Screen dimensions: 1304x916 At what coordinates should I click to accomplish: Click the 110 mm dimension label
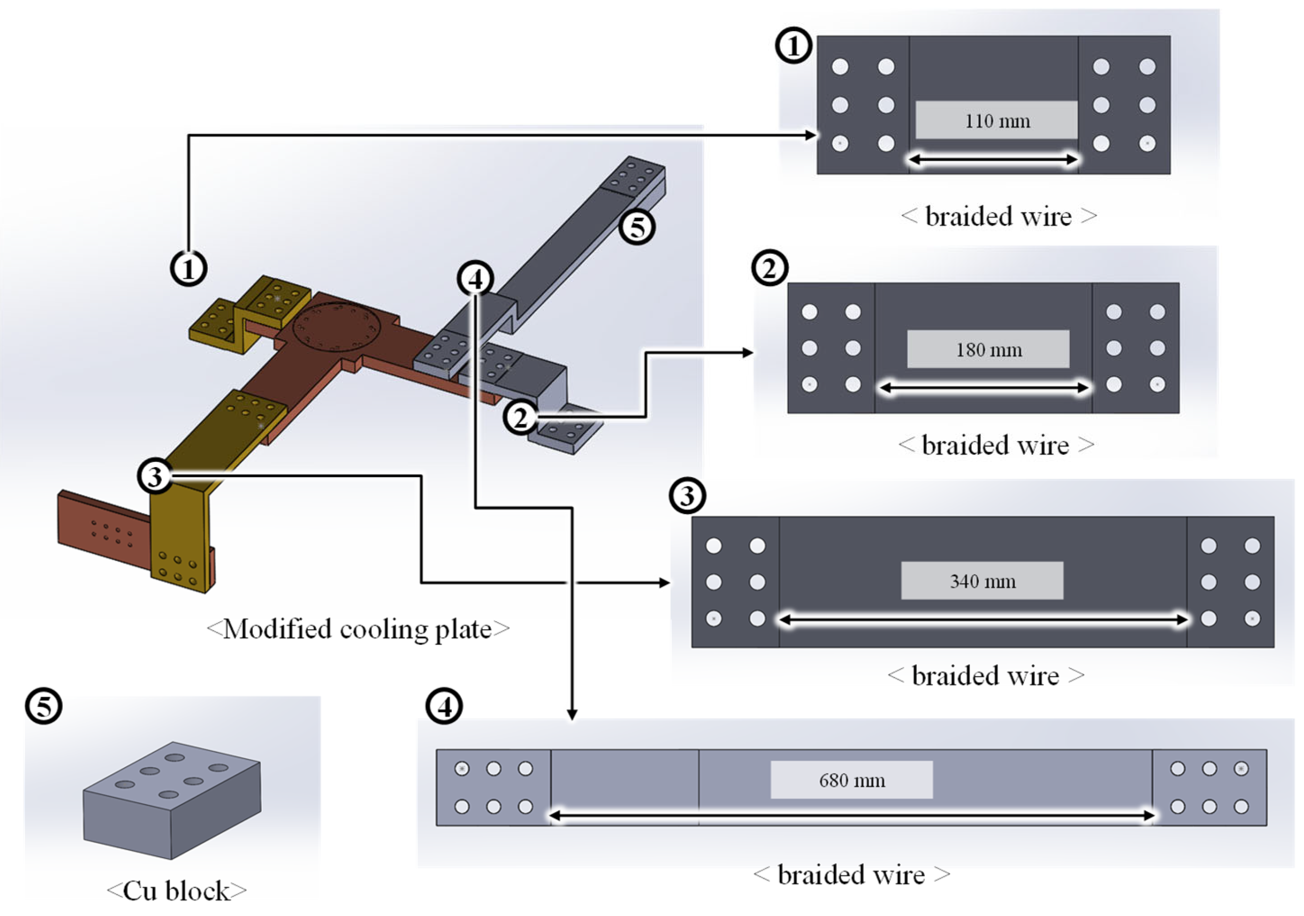[997, 121]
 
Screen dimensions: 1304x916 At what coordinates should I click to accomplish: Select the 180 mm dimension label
[989, 350]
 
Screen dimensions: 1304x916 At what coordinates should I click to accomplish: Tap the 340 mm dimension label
[982, 581]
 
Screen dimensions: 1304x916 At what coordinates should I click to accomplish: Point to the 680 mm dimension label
[852, 780]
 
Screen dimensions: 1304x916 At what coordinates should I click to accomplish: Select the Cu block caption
[177, 891]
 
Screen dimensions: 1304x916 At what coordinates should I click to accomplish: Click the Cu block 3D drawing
[172, 800]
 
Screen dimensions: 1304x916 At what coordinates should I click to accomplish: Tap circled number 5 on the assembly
[637, 227]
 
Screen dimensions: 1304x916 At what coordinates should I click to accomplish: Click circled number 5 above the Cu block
[44, 706]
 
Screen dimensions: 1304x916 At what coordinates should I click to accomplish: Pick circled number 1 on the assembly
[189, 268]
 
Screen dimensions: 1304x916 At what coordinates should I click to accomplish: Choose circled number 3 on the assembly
[155, 476]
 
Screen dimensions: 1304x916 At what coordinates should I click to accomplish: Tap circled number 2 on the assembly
[521, 417]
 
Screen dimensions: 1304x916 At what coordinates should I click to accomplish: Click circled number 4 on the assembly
[475, 278]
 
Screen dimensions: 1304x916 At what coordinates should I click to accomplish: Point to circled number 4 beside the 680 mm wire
[444, 706]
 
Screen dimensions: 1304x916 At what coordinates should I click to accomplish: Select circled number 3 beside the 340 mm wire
[688, 495]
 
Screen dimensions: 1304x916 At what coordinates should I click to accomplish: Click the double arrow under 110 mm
[994, 159]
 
